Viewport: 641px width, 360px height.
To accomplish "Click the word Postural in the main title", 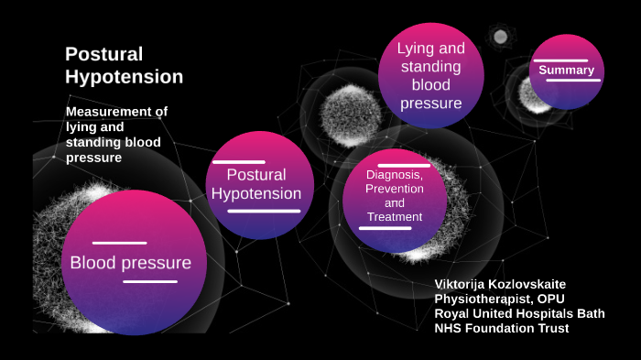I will point(104,54).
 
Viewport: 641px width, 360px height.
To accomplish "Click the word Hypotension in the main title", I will point(125,77).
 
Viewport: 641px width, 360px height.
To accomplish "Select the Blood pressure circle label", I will point(131,264).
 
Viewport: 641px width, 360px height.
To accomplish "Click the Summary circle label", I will point(566,71).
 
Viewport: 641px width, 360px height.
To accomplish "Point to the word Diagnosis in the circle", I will point(394,174).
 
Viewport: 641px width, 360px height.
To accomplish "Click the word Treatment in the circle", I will point(394,217).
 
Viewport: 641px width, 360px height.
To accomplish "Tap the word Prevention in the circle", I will point(394,189).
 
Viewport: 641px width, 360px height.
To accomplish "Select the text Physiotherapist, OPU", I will point(495,299).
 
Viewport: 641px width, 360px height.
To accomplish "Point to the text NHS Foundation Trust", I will point(502,328).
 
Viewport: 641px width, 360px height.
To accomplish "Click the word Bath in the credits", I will point(589,313).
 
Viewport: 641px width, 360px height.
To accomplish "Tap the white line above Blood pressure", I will point(119,243).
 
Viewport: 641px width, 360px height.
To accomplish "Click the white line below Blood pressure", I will point(150,282).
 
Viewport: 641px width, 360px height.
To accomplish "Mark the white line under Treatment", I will point(385,228).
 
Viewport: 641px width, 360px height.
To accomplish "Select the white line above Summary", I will point(560,59).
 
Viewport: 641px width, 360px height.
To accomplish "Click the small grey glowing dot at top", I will point(500,37).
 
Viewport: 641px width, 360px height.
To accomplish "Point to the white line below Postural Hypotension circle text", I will point(264,212).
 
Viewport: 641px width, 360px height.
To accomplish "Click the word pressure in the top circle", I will point(430,104).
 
